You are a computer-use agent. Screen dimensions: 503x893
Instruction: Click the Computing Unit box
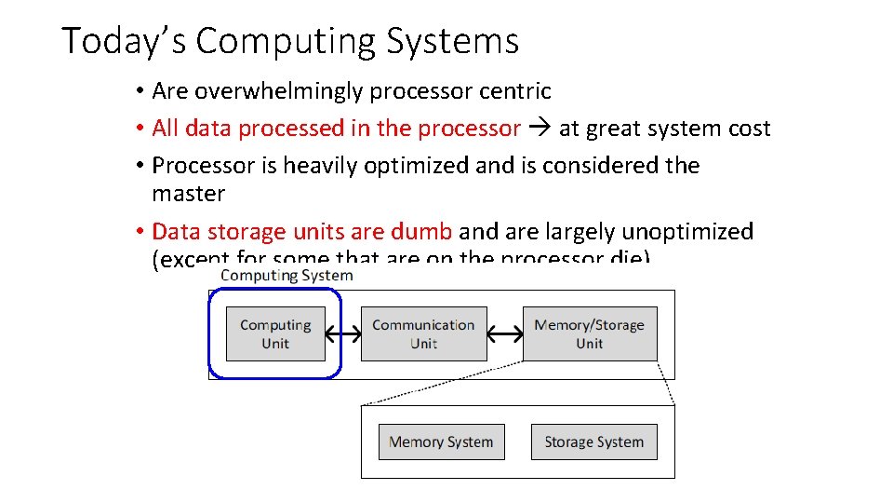pyautogui.click(x=275, y=333)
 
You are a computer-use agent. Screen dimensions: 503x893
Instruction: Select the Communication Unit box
pyautogui.click(x=423, y=333)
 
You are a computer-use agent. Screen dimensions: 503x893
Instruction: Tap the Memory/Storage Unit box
pyautogui.click(x=590, y=333)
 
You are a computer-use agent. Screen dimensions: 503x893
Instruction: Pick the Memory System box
pyautogui.click(x=441, y=442)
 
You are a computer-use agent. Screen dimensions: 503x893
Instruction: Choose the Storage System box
pyautogui.click(x=593, y=442)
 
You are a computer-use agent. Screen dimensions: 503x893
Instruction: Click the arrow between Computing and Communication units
pyautogui.click(x=343, y=333)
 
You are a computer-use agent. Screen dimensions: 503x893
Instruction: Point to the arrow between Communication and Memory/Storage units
pyautogui.click(x=505, y=333)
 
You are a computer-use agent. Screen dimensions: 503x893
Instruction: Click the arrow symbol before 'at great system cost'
pyautogui.click(x=540, y=129)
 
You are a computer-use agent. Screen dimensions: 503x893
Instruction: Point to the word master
pyautogui.click(x=188, y=194)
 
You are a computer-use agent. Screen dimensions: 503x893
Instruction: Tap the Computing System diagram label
pyautogui.click(x=287, y=275)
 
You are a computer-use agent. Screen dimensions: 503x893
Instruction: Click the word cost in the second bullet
pyautogui.click(x=749, y=129)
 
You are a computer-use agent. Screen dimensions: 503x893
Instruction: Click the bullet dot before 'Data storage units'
pyautogui.click(x=137, y=232)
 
